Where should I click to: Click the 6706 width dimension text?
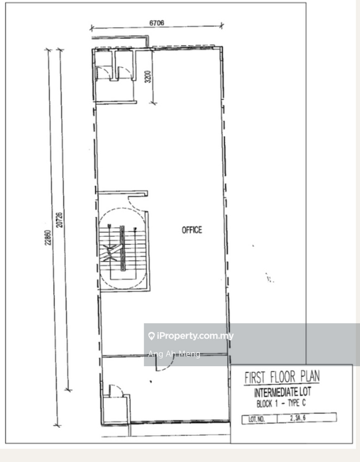[x=156, y=23]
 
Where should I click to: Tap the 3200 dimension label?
[x=148, y=77]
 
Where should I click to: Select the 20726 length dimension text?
[x=60, y=220]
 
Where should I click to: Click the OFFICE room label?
[x=192, y=230]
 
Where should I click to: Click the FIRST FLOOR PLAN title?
[x=283, y=378]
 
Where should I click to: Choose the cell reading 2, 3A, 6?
[x=306, y=419]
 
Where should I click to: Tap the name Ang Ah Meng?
[x=174, y=354]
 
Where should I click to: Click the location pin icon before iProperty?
[x=151, y=336]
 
